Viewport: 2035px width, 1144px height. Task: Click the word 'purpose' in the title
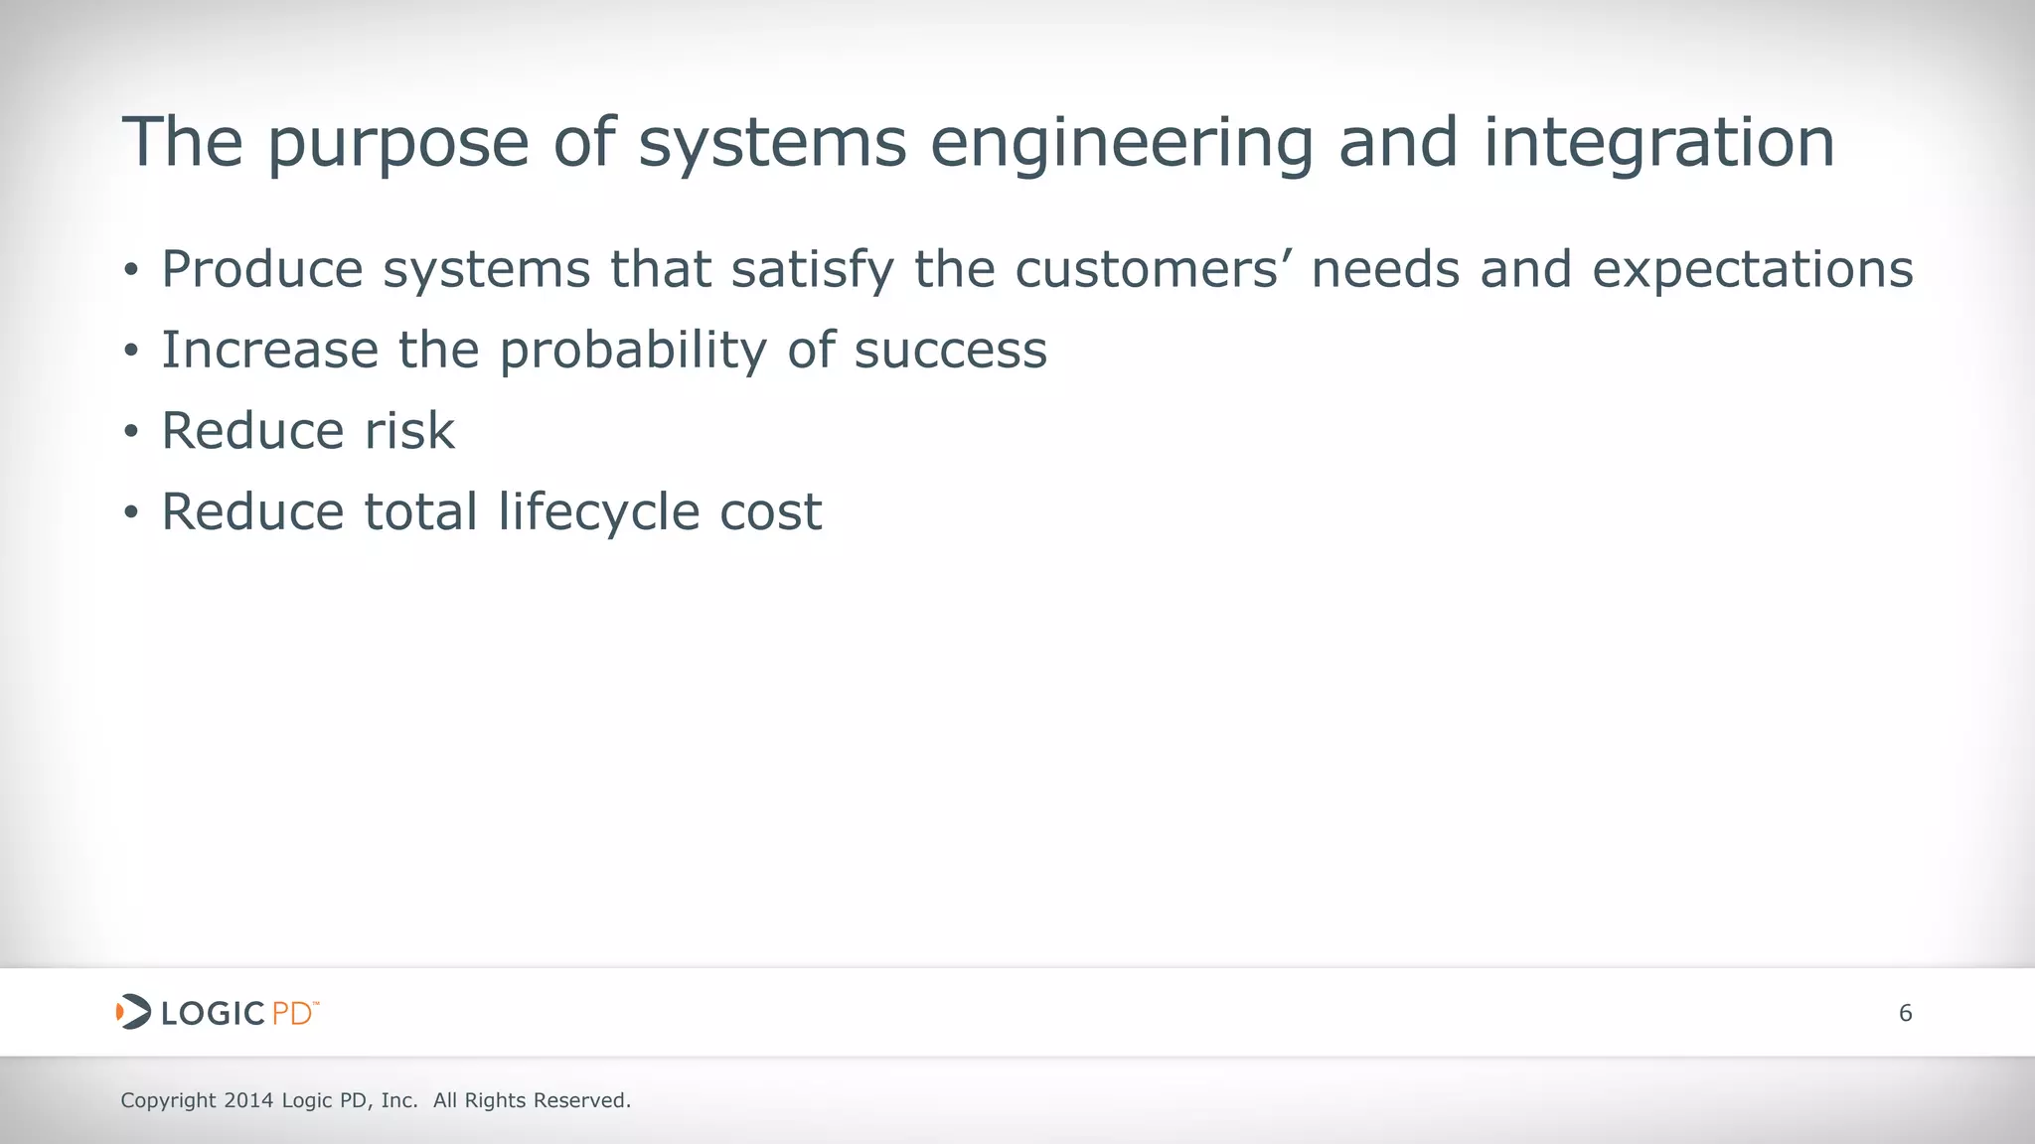point(397,145)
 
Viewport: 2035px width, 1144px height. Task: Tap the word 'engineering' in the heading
point(1122,145)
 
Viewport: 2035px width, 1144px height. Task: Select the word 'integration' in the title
point(1658,145)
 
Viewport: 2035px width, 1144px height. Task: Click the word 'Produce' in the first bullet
point(262,269)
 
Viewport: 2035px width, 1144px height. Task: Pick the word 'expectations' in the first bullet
point(1752,271)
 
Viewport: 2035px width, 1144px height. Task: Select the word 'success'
point(950,351)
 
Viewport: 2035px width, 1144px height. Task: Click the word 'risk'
point(409,431)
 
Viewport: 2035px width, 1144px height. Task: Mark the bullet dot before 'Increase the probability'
point(131,352)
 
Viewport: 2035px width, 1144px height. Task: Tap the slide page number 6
point(1905,1013)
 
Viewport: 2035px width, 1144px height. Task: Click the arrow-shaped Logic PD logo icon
point(133,1012)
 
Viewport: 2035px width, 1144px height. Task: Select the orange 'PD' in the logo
point(291,1014)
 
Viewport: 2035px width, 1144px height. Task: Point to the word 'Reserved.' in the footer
point(582,1100)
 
